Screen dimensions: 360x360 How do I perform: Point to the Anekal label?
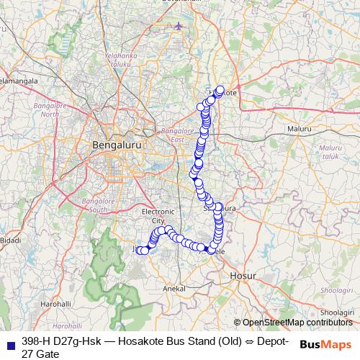[176, 288]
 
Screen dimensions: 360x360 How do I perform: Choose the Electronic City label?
[158, 215]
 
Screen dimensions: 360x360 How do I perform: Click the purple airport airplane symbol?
[179, 27]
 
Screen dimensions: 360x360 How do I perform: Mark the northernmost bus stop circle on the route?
[220, 91]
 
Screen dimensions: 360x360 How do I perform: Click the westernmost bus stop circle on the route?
[140, 250]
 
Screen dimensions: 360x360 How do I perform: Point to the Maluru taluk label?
[330, 150]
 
